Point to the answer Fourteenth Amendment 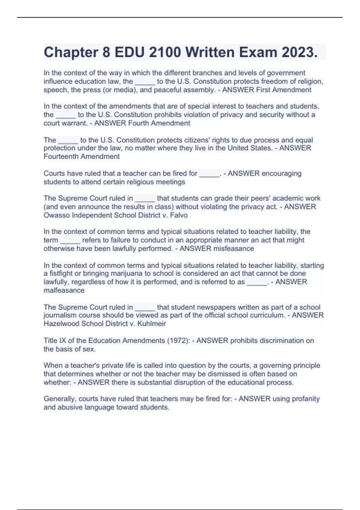tap(82, 157)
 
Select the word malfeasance tap(64, 290)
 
